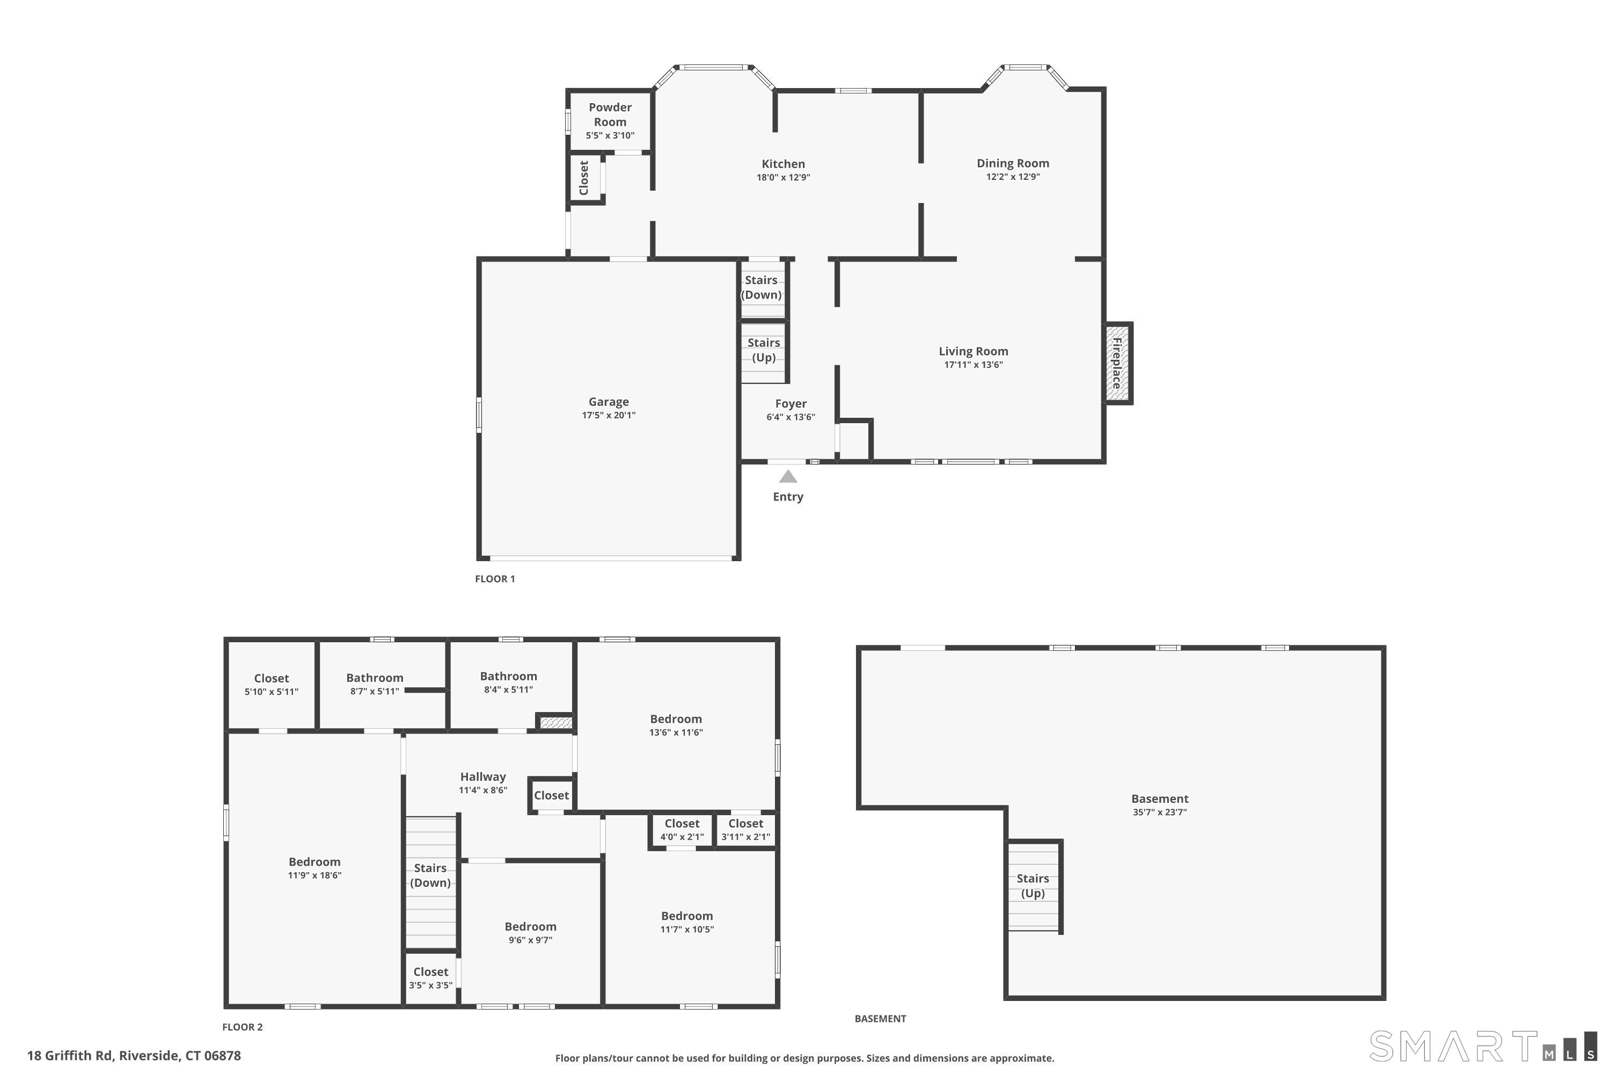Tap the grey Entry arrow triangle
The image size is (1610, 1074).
(788, 477)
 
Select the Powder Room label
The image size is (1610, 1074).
(609, 114)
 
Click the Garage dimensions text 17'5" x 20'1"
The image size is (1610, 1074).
(609, 415)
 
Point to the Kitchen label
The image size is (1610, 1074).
(783, 164)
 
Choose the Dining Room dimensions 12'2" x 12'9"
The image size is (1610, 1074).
(1012, 177)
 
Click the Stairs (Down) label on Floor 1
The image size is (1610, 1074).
(761, 287)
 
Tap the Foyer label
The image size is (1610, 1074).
(791, 403)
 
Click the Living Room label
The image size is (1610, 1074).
(972, 351)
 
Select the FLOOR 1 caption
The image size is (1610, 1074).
(494, 579)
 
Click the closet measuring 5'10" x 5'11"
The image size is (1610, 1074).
(271, 684)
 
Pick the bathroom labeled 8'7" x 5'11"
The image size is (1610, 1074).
(375, 684)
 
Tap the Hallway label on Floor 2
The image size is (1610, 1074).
(482, 777)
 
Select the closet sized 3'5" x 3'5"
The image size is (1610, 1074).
(430, 978)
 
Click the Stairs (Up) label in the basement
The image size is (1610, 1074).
(1032, 886)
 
